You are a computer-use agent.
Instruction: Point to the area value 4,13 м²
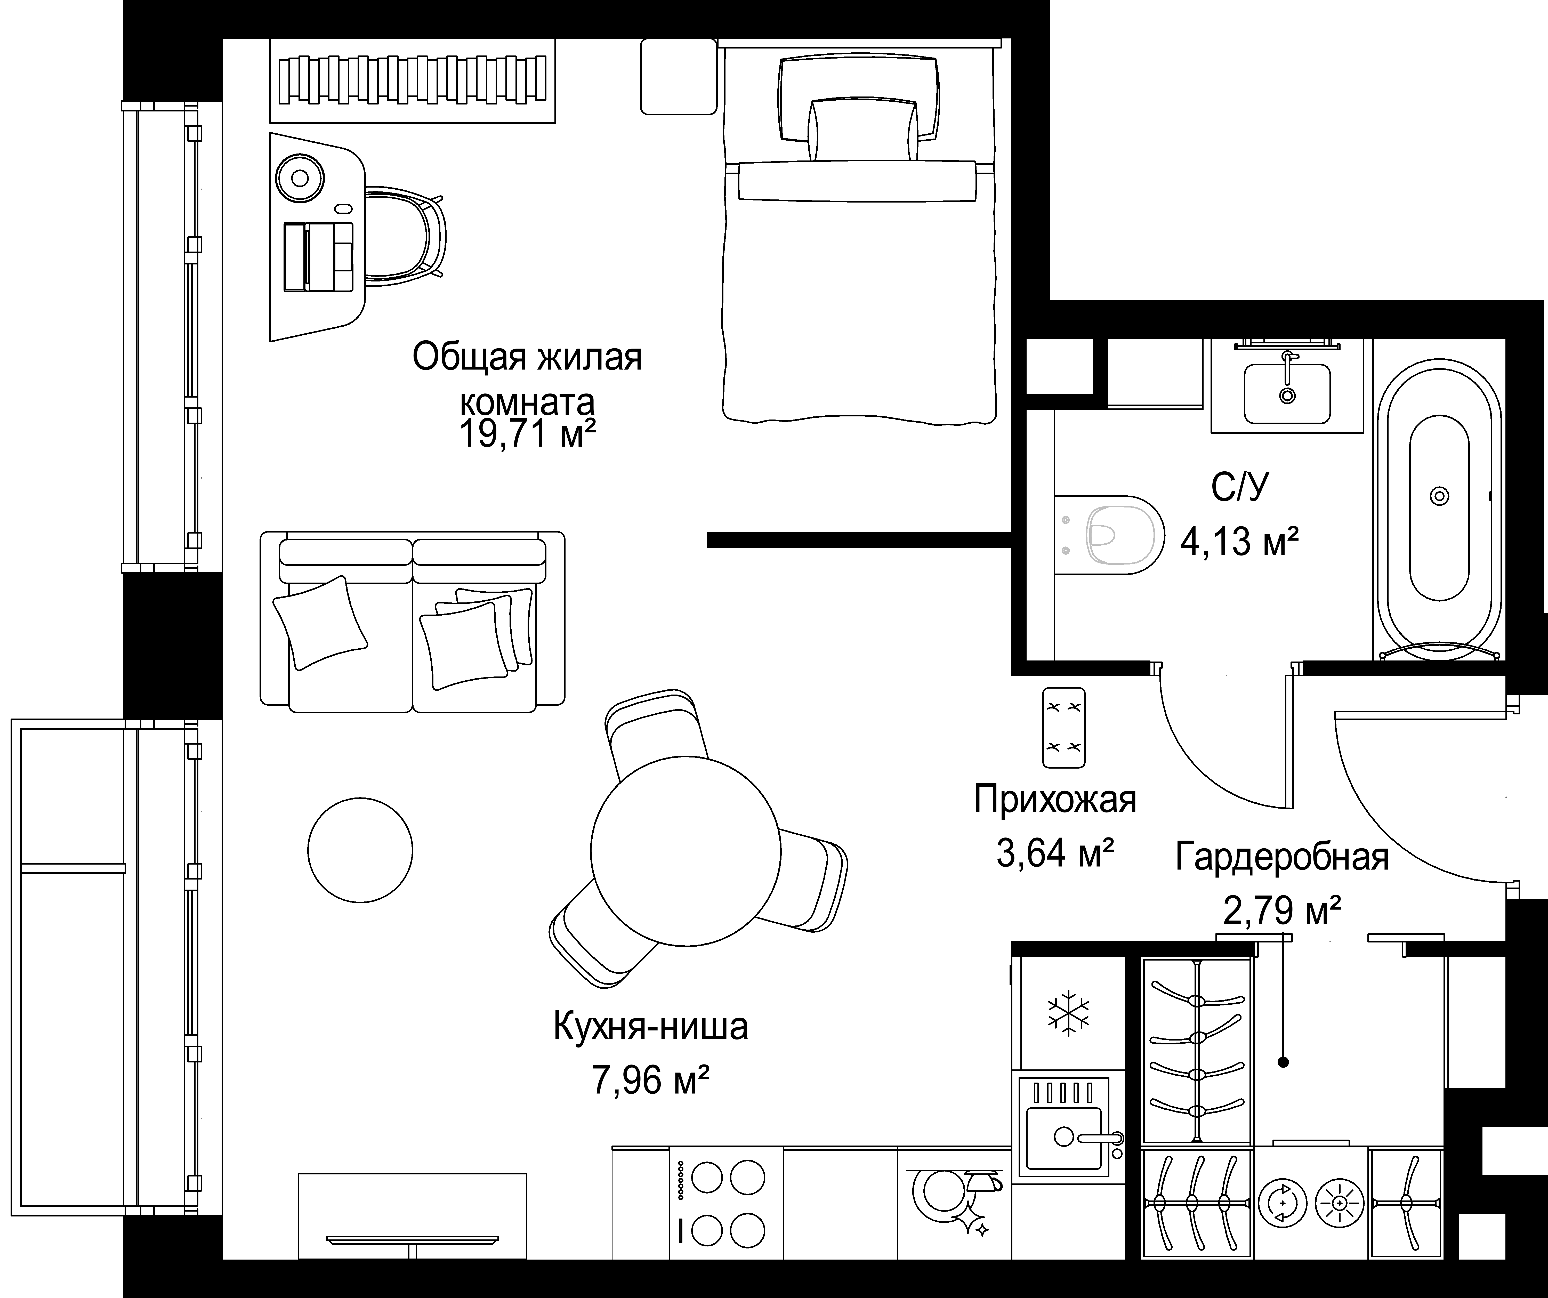pyautogui.click(x=1239, y=542)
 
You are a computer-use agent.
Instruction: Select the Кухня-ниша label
pyautogui.click(x=650, y=1027)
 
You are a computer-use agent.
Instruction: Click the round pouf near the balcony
pyautogui.click(x=360, y=850)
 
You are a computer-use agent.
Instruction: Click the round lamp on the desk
pyautogui.click(x=299, y=178)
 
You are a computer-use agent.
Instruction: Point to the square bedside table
pyautogui.click(x=678, y=77)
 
